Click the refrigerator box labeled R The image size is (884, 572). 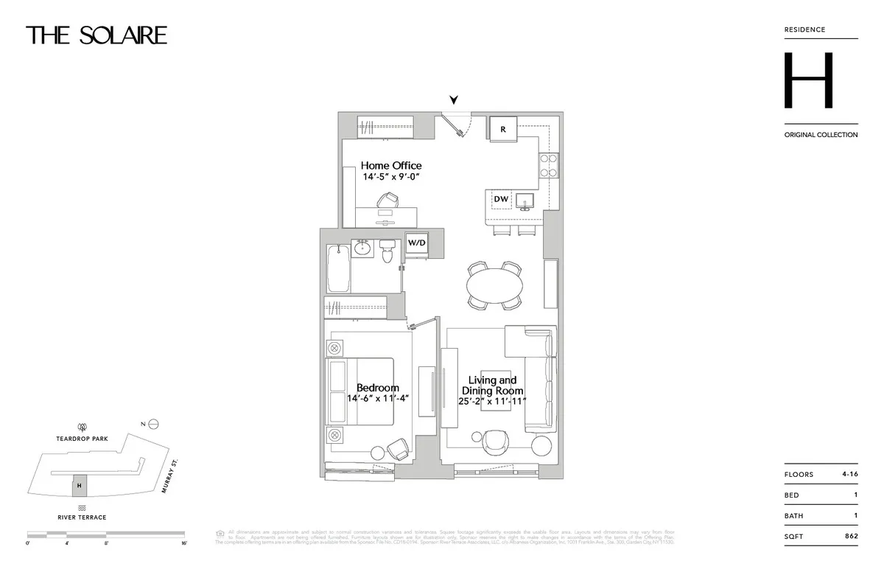click(503, 128)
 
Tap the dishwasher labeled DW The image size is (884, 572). click(500, 199)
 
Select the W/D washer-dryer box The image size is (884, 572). click(417, 243)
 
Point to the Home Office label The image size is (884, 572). click(391, 165)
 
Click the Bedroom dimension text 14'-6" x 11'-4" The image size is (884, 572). click(378, 399)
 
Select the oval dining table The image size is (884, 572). click(496, 285)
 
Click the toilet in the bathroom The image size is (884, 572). click(389, 252)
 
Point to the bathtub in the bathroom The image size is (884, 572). click(337, 268)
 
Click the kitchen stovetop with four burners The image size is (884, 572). click(549, 165)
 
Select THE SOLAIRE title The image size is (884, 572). click(97, 35)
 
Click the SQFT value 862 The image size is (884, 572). click(851, 536)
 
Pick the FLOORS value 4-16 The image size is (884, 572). click(849, 474)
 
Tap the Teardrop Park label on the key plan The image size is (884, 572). click(82, 439)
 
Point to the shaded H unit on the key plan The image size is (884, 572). click(80, 485)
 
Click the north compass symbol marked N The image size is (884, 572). click(153, 424)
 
